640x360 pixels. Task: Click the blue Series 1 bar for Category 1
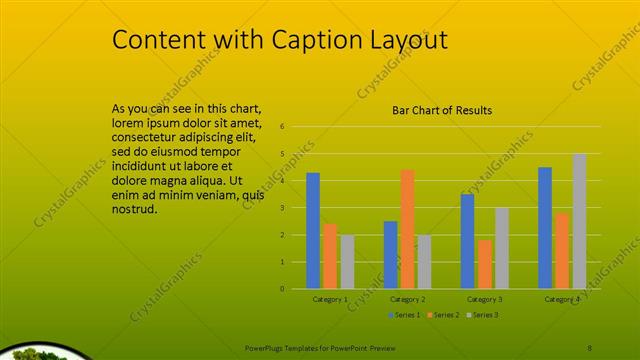[x=313, y=231]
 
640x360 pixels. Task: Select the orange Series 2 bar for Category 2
[x=407, y=229]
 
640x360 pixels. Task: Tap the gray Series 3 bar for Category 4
[x=579, y=221]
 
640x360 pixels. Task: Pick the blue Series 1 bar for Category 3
[x=467, y=241]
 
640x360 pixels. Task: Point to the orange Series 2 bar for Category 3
[x=484, y=264]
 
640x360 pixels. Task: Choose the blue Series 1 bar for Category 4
[x=545, y=228]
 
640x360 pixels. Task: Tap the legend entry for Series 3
[x=484, y=315]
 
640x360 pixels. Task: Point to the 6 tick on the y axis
[x=283, y=127]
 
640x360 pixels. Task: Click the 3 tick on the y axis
[x=283, y=208]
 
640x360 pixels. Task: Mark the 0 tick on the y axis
[x=283, y=289]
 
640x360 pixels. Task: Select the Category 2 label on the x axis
[x=408, y=299]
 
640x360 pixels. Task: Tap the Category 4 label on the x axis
[x=562, y=299]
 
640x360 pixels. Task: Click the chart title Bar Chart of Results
[x=441, y=110]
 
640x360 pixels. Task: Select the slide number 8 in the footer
[x=590, y=346]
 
